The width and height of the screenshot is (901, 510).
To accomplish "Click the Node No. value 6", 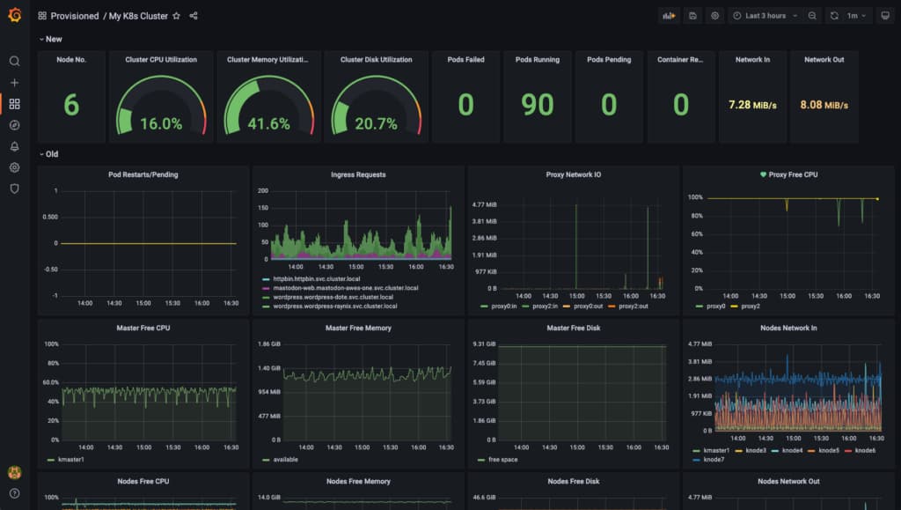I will tap(71, 105).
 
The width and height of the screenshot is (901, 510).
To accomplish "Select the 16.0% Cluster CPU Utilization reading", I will tap(161, 124).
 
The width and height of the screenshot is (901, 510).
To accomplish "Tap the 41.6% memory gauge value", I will tap(268, 124).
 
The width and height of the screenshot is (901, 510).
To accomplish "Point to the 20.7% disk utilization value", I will tap(376, 124).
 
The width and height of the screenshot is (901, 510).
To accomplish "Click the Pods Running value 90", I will tap(537, 105).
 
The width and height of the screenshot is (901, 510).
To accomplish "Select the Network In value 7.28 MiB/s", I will tap(752, 105).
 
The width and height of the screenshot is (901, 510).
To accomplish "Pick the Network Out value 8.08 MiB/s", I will tap(824, 105).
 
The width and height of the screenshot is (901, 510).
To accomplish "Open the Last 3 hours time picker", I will tap(765, 16).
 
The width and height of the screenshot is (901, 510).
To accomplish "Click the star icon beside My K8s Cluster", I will tap(176, 16).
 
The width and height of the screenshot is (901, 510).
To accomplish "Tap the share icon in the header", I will tap(194, 16).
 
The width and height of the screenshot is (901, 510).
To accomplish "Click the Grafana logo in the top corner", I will tap(14, 15).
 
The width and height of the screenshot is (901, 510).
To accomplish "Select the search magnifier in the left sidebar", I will tap(14, 62).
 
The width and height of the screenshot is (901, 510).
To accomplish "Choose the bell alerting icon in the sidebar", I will tap(14, 146).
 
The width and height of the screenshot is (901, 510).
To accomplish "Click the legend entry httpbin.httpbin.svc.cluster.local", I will tap(320, 278).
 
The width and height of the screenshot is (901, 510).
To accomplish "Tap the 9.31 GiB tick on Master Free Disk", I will tap(485, 344).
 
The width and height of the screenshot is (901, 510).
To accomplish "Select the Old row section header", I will tap(51, 154).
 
